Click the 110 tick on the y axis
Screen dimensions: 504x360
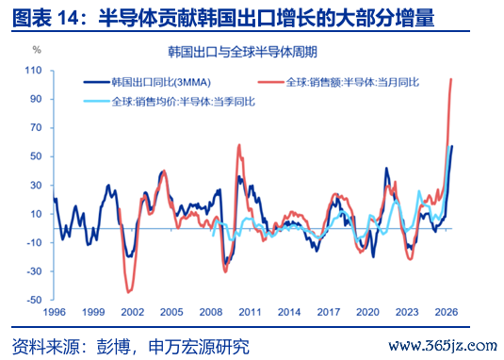click(33, 71)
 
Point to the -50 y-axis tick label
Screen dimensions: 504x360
click(34, 300)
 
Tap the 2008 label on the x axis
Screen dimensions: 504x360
click(211, 312)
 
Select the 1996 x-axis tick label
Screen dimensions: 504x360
click(54, 312)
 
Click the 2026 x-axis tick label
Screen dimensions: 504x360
click(447, 312)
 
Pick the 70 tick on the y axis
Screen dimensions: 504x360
click(36, 128)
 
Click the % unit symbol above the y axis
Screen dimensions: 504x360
click(37, 50)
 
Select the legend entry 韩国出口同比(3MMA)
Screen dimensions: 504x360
click(147, 82)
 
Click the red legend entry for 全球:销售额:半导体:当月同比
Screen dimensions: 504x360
click(339, 82)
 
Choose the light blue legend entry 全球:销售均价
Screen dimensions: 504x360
click(170, 102)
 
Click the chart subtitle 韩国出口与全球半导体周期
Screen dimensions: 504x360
click(243, 52)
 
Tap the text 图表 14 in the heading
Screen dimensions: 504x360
click(44, 18)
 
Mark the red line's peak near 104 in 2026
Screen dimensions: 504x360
click(451, 79)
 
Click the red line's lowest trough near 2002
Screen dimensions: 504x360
click(128, 292)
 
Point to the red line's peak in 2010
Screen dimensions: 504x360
click(239, 145)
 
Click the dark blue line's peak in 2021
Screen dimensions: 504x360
click(386, 168)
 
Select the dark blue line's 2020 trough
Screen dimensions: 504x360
click(373, 257)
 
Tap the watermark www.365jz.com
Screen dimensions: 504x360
click(444, 346)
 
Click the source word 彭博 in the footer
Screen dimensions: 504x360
click(113, 347)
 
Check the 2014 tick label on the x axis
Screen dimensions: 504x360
click(289, 312)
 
